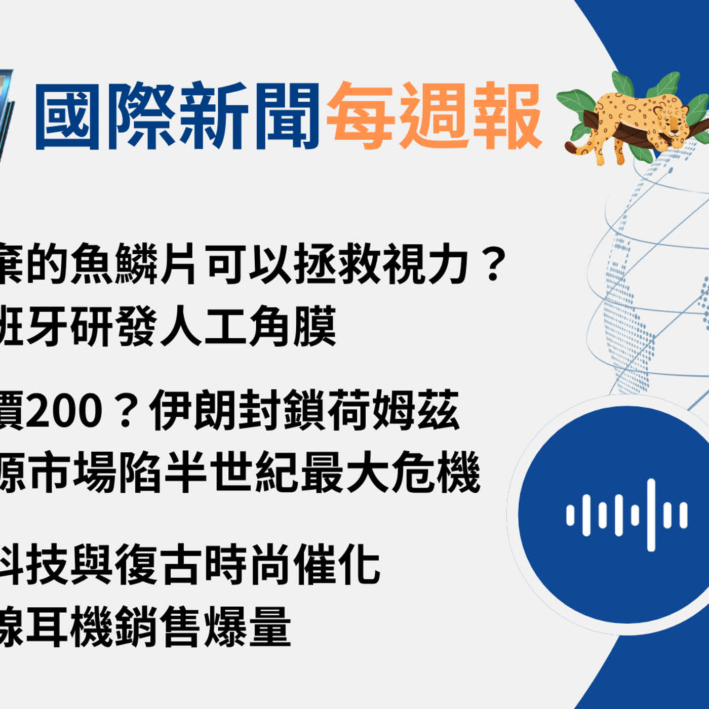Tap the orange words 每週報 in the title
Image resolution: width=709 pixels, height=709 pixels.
coord(435,116)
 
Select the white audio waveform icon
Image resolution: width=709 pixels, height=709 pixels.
coord(627,515)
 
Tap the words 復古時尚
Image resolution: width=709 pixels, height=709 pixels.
coord(203,564)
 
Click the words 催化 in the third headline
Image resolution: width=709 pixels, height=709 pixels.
coord(337,564)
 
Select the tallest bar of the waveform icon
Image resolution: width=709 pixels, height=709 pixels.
coord(651,515)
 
